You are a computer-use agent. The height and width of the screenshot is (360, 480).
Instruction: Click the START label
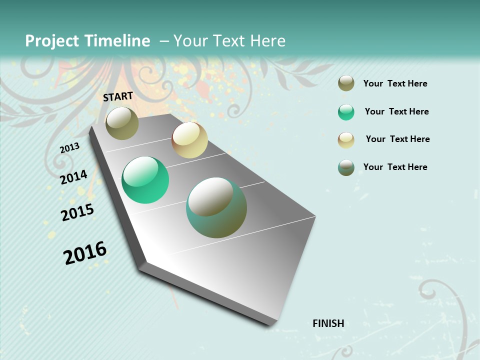(118, 96)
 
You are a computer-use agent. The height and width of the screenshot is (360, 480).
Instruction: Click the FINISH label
(328, 323)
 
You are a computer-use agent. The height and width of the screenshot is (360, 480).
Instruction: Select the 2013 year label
(69, 148)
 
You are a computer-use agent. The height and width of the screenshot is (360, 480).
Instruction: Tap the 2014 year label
(73, 177)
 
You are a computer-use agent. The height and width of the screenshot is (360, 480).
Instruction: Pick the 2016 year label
(85, 253)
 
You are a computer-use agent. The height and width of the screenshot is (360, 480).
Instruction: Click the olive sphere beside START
(122, 123)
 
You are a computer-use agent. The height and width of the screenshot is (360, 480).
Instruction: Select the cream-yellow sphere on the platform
(189, 140)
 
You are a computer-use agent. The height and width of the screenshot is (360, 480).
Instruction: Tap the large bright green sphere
(145, 180)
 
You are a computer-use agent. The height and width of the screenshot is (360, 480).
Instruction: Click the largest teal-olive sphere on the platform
(216, 207)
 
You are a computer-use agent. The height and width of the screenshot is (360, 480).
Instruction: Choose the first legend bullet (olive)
(346, 83)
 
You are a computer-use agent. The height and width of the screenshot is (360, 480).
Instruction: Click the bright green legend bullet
(346, 112)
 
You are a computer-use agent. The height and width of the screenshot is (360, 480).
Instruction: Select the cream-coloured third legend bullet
(346, 140)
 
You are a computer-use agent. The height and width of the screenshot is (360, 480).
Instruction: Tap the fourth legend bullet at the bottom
(346, 167)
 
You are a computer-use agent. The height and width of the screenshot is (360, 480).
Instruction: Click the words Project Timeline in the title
(87, 41)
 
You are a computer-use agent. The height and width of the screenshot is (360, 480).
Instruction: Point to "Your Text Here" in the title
(229, 41)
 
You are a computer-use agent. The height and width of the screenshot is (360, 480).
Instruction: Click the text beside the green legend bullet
(396, 111)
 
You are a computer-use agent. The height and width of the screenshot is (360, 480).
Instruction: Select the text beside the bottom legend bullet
(395, 167)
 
